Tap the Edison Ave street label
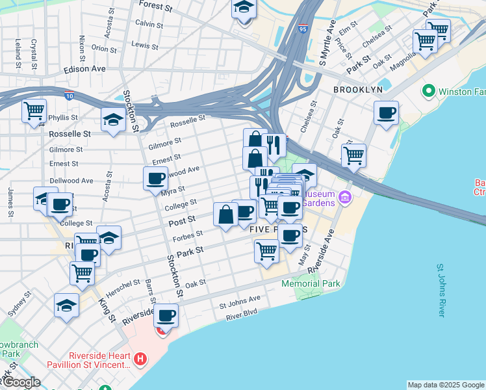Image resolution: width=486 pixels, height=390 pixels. (x=84, y=69)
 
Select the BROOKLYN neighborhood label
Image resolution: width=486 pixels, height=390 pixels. (x=357, y=89)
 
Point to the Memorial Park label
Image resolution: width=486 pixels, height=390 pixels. (x=311, y=284)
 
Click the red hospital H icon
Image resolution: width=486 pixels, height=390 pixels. (x=139, y=359)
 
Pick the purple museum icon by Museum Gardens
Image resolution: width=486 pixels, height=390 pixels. (x=345, y=196)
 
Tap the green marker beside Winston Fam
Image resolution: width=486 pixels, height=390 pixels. (x=428, y=91)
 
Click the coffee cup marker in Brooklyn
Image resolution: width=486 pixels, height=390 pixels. (x=386, y=113)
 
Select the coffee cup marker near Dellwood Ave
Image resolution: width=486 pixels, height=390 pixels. (x=155, y=178)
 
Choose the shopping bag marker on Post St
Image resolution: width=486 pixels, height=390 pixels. (x=225, y=214)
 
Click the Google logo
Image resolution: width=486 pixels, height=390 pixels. (x=21, y=382)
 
